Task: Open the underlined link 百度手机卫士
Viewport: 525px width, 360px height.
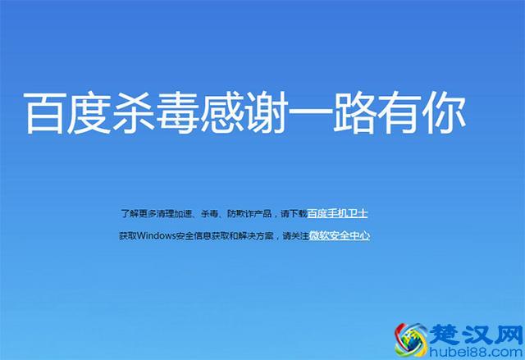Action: click(x=338, y=213)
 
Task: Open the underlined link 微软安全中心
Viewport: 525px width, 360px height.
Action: click(x=340, y=236)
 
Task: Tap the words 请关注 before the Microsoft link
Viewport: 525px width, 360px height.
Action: click(x=295, y=236)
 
